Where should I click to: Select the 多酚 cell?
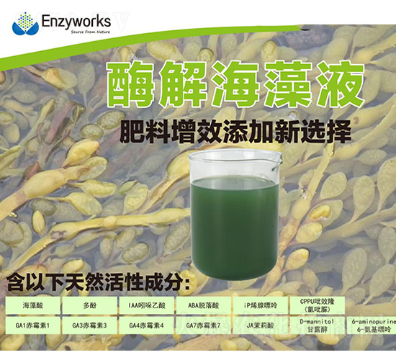point(90,305)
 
